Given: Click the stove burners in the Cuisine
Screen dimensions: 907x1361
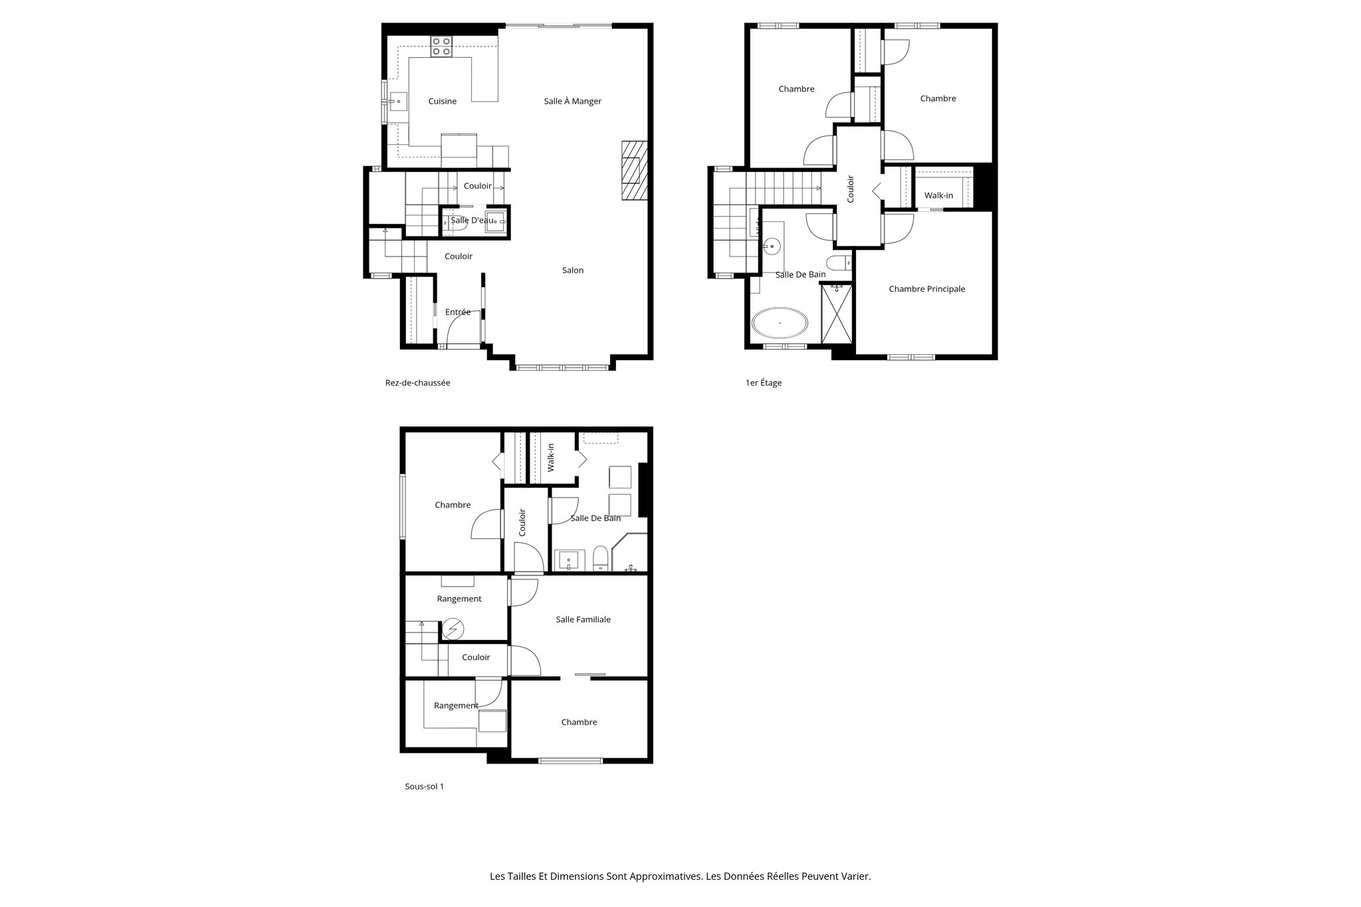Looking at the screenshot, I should (441, 47).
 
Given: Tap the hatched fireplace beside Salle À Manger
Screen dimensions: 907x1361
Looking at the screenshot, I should (634, 170).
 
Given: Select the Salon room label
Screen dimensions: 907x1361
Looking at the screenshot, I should (573, 270).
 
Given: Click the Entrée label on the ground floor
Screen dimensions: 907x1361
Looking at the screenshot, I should (458, 312).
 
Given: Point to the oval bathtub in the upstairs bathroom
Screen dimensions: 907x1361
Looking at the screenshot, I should (780, 324).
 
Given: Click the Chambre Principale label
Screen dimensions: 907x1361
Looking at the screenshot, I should (926, 289).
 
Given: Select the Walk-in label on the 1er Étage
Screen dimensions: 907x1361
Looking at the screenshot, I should (938, 195).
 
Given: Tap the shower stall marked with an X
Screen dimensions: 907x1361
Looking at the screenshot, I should (837, 314).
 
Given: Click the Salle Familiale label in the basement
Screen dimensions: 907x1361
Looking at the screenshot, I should (583, 619).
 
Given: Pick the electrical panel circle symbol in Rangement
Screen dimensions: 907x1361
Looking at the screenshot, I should (455, 629).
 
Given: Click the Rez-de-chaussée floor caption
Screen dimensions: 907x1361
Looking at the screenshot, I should (417, 383).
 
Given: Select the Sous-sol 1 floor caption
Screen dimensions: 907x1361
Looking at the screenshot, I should (424, 786).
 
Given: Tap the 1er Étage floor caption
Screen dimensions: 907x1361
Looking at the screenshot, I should (764, 383).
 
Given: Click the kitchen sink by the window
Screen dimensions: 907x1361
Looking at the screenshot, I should (398, 102).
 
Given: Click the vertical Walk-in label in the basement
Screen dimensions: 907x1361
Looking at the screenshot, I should (551, 458).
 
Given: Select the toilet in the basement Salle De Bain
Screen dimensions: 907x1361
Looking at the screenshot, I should (600, 559).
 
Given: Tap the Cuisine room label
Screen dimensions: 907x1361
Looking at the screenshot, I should (442, 102).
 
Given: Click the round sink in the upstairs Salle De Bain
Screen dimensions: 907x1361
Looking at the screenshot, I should (772, 245).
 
